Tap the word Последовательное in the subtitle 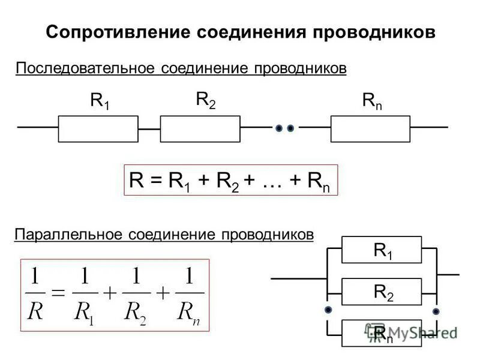click(84, 69)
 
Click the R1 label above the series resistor click(100, 100)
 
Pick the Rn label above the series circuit click(372, 100)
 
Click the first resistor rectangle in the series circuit click(98, 128)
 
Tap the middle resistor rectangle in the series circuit click(200, 128)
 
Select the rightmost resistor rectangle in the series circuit click(370, 128)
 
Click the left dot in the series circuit click(279, 128)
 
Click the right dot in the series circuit click(290, 128)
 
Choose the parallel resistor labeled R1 click(382, 250)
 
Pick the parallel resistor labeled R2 click(382, 292)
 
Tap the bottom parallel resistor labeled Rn click(382, 333)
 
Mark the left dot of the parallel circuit click(328, 310)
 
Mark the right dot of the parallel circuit click(436, 310)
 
